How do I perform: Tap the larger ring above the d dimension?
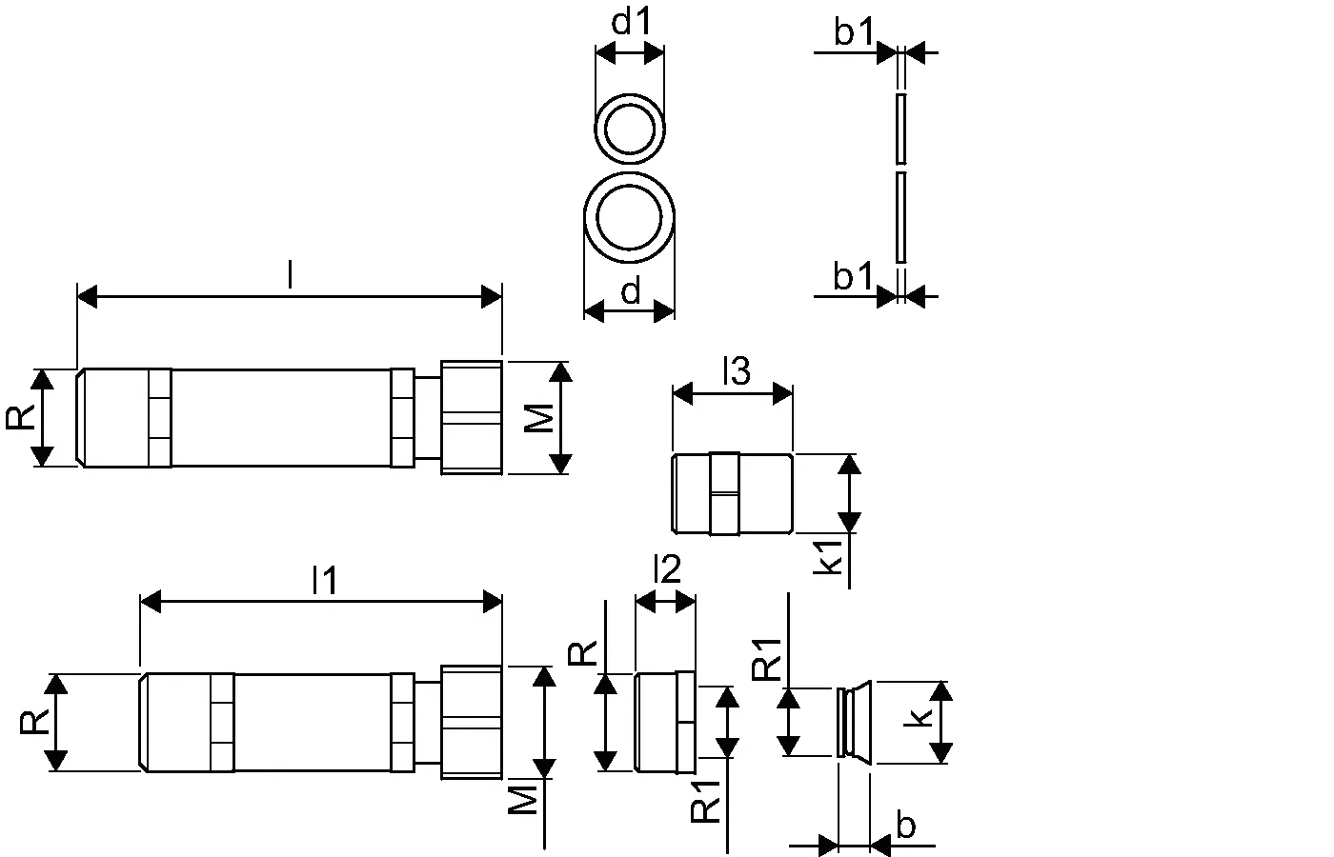[630, 218]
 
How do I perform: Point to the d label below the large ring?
[631, 292]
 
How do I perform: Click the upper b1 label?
[853, 33]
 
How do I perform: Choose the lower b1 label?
[853, 277]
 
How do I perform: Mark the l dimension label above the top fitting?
[289, 276]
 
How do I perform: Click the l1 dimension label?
[325, 581]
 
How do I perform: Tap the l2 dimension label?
[666, 569]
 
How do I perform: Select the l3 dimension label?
[736, 371]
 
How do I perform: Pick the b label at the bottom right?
[906, 826]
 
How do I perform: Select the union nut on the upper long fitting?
[471, 417]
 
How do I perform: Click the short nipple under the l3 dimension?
[733, 493]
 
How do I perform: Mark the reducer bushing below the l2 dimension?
[664, 722]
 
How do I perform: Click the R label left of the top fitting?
[21, 417]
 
